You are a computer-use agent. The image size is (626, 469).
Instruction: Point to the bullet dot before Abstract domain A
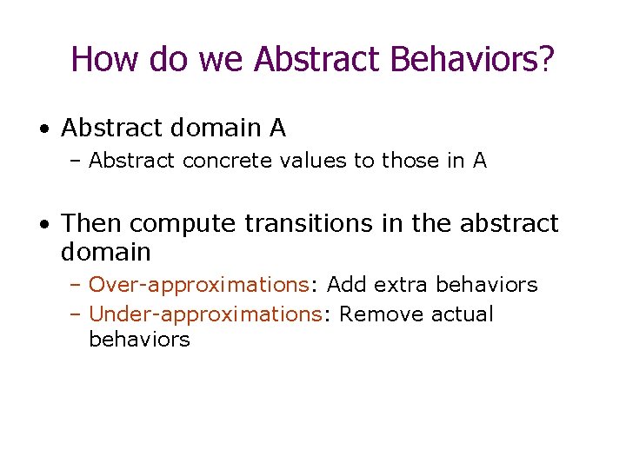pyautogui.click(x=44, y=129)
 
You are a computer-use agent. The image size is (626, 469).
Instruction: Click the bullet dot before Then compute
pyautogui.click(x=44, y=224)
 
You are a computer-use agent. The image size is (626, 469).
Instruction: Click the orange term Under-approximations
pyautogui.click(x=204, y=314)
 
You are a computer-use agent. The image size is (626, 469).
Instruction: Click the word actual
pyautogui.click(x=462, y=314)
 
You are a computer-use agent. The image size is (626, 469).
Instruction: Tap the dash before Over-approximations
pyautogui.click(x=77, y=285)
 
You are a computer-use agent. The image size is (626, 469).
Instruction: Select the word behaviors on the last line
pyautogui.click(x=139, y=339)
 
